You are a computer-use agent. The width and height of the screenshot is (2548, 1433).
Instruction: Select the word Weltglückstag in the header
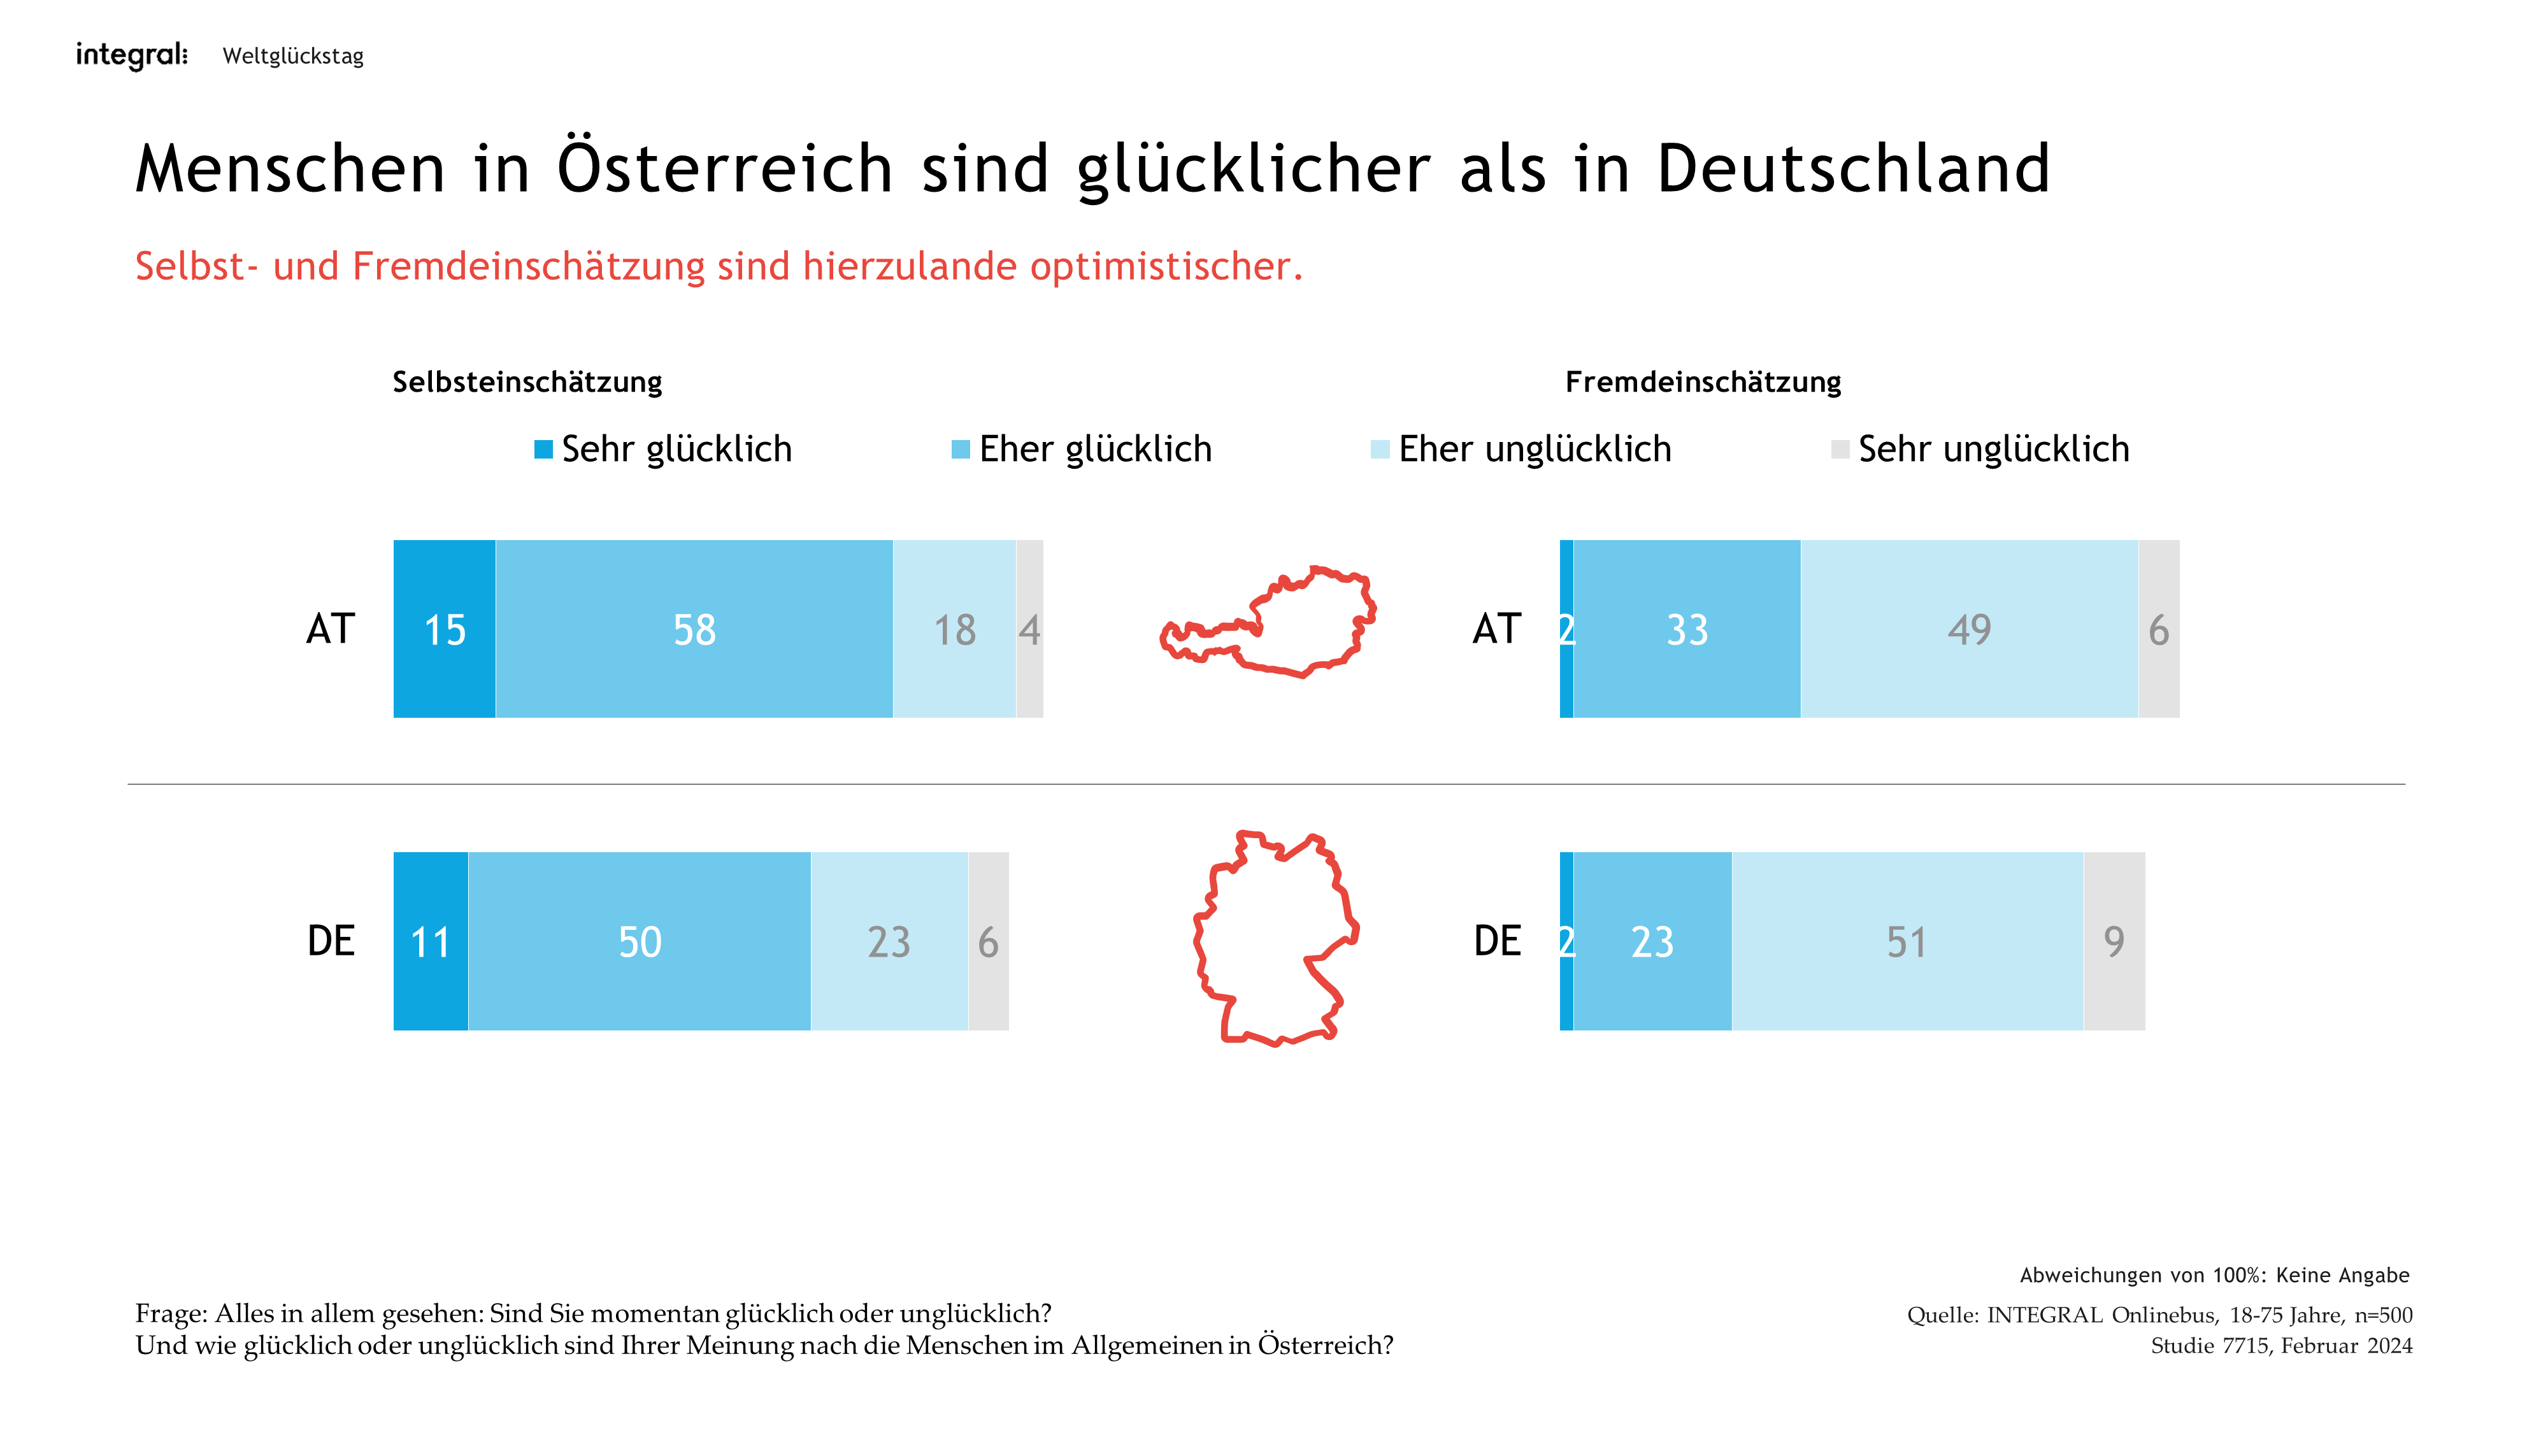(x=293, y=57)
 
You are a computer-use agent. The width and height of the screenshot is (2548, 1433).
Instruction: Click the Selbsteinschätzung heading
(x=527, y=381)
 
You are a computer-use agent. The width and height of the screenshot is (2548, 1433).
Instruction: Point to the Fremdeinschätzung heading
(x=1702, y=381)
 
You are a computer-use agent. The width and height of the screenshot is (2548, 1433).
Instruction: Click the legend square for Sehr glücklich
(x=543, y=450)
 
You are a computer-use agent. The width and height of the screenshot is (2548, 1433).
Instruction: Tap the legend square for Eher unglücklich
(x=1380, y=450)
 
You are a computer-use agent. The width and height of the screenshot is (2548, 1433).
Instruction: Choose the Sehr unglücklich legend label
(x=1993, y=449)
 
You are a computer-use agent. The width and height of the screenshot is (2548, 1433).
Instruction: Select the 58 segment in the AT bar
(x=694, y=629)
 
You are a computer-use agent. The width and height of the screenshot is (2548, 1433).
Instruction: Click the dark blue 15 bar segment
(x=444, y=629)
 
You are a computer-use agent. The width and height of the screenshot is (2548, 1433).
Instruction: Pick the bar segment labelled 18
(x=954, y=629)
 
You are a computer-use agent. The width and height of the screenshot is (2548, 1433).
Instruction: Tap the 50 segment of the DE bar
(x=640, y=941)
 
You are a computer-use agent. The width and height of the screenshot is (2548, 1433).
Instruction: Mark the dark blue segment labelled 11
(x=430, y=941)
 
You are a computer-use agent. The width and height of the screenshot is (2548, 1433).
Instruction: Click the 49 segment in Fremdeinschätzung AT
(x=1970, y=629)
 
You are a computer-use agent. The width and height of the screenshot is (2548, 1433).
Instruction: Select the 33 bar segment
(x=1687, y=629)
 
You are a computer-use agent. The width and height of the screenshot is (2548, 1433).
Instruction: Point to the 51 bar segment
(x=1907, y=941)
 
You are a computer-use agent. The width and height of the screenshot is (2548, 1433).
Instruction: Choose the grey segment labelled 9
(x=2114, y=941)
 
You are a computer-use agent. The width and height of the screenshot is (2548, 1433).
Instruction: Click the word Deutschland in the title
(x=1852, y=168)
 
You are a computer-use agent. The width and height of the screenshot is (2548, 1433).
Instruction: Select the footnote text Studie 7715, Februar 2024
(x=2281, y=1346)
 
